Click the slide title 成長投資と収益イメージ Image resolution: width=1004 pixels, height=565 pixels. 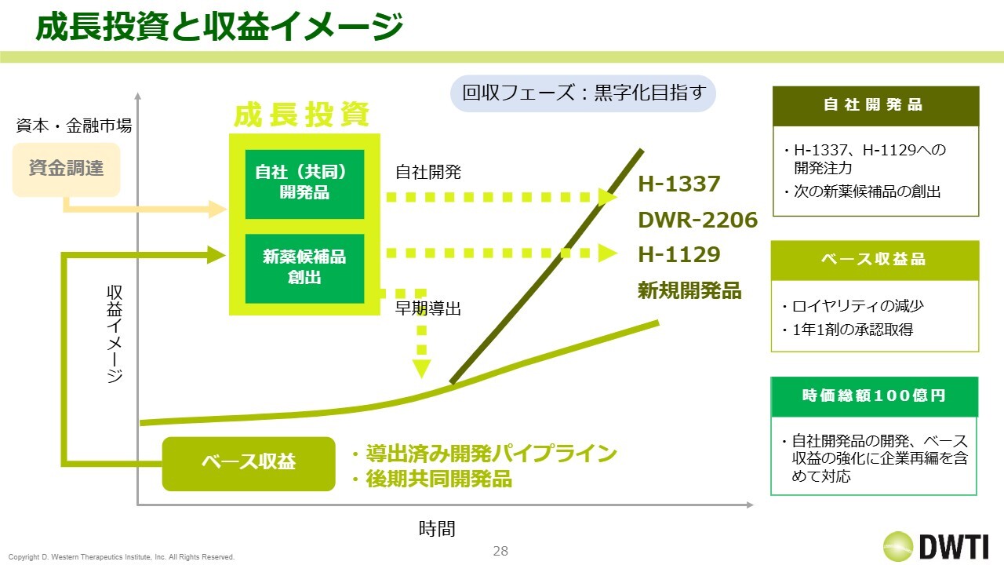[219, 27]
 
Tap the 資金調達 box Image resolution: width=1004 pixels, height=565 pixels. [67, 169]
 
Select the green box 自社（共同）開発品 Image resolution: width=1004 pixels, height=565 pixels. [304, 184]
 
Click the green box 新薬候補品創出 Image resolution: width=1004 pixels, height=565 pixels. [304, 268]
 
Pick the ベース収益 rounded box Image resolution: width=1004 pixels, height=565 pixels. [249, 464]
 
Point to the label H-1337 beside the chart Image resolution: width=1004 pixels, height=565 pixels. [678, 184]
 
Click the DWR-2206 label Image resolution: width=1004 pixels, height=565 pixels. [697, 220]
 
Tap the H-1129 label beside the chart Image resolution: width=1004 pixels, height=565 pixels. [678, 255]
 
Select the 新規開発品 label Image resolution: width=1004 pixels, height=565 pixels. [689, 290]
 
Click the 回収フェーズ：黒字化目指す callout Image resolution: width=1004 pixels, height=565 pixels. [583, 93]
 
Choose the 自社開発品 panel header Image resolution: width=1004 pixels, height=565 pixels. [876, 106]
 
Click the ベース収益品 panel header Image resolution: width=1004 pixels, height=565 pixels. [875, 260]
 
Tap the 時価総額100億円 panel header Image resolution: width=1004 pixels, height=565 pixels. [874, 396]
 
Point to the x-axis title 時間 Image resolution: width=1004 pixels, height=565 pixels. [437, 529]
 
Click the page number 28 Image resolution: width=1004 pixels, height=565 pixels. [500, 551]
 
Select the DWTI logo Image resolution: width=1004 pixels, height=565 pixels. [936, 546]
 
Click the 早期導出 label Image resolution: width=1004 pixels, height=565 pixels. [427, 308]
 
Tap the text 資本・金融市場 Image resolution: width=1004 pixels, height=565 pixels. [74, 126]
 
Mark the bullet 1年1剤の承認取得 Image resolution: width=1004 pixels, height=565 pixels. [852, 330]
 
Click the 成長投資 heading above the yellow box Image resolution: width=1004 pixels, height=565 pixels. [302, 115]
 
